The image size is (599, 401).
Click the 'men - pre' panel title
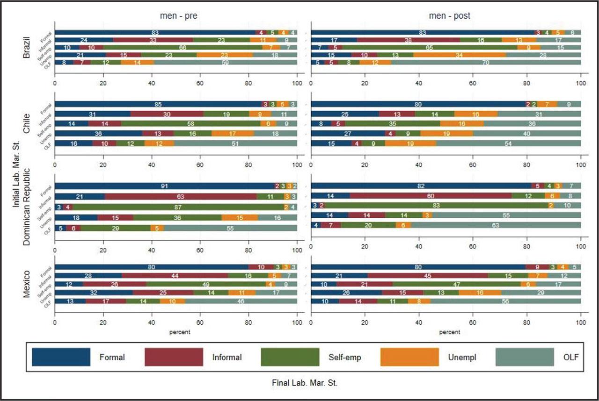click(176, 16)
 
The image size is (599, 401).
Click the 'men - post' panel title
click(449, 16)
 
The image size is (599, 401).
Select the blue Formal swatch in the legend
click(61, 357)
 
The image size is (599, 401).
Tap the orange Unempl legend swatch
click(410, 357)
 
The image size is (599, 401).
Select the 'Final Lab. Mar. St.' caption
click(304, 383)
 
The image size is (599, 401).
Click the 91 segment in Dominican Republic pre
click(164, 186)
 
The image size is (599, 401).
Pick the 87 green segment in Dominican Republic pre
click(178, 207)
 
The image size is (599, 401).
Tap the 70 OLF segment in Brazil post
click(486, 62)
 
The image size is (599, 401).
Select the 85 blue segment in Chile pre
click(159, 104)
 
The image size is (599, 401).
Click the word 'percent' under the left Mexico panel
click(176, 332)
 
